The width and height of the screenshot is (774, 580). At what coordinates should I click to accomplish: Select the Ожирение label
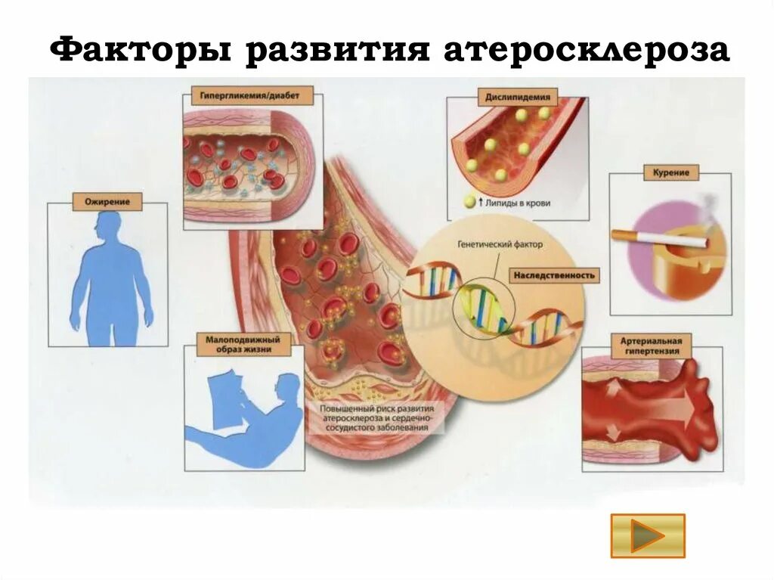pyautogui.click(x=107, y=202)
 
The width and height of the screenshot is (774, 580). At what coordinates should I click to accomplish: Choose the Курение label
pyautogui.click(x=671, y=172)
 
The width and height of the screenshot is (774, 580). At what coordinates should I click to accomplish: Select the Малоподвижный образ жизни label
pyautogui.click(x=237, y=345)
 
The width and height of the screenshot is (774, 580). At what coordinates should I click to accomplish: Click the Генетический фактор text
pyautogui.click(x=500, y=245)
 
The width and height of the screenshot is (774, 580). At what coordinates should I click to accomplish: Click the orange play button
pyautogui.click(x=648, y=536)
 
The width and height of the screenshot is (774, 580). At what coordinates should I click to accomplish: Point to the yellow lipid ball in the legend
pyautogui.click(x=469, y=203)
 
